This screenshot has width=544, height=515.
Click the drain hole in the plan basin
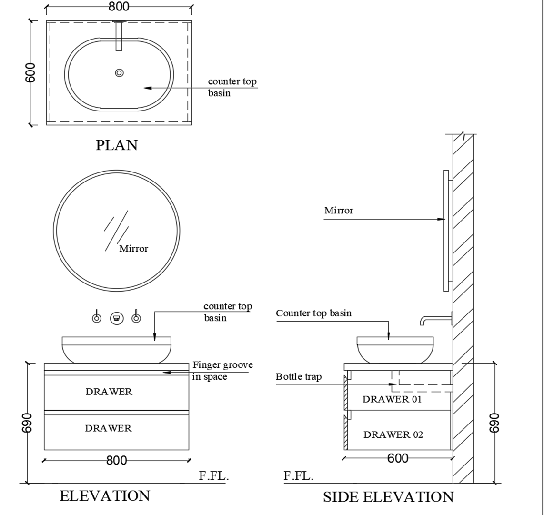(119, 72)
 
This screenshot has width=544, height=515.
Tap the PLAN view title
(117, 145)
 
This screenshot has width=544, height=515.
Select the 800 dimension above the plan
(119, 7)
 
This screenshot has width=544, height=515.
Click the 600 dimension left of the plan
(30, 72)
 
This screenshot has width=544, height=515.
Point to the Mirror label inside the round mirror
(133, 249)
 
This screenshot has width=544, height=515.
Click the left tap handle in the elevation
(97, 318)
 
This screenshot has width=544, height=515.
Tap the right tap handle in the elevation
(136, 318)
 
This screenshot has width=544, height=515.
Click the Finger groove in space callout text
(222, 371)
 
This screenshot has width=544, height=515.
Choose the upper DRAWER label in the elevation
(109, 392)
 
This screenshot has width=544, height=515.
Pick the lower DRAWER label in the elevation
(108, 428)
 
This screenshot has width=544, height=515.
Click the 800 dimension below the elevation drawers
(117, 460)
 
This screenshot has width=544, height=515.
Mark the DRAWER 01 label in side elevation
(392, 399)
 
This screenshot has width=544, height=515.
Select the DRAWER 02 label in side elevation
(393, 434)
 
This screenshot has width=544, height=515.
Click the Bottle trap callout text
(298, 377)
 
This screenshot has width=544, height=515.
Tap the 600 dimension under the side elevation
(398, 458)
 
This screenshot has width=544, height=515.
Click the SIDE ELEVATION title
(388, 497)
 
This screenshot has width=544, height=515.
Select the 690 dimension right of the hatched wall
(495, 423)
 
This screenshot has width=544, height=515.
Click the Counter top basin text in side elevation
(313, 313)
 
